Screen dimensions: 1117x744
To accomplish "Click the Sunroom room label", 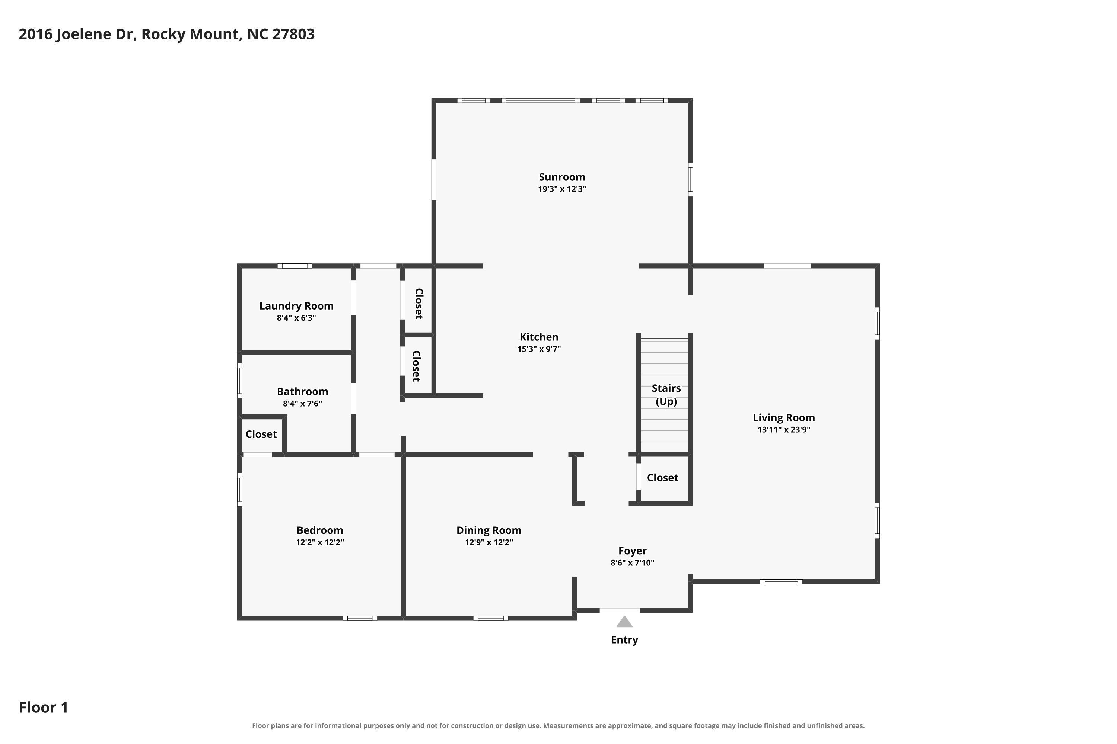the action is [x=562, y=177].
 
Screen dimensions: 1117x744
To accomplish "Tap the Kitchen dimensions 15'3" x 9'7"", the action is [x=539, y=349].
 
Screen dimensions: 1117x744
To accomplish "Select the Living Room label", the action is [x=784, y=417].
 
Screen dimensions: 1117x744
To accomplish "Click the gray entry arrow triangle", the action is [x=624, y=622].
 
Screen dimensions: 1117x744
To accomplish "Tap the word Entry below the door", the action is [x=624, y=639].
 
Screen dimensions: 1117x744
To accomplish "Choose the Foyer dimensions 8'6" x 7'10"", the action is [x=633, y=563].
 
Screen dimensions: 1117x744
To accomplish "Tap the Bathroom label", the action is [x=302, y=391].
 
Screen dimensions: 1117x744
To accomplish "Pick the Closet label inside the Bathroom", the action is [x=261, y=434].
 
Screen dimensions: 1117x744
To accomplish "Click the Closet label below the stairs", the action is [x=662, y=478].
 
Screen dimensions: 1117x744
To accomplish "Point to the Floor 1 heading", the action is [x=44, y=708].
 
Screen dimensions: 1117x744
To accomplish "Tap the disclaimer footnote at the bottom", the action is [x=558, y=725].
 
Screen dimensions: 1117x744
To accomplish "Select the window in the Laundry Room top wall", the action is [x=295, y=266].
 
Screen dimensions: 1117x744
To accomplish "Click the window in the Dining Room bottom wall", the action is [x=491, y=618].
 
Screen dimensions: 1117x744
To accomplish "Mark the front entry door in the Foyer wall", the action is [x=620, y=611].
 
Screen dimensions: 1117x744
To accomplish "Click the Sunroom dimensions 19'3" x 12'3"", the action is [x=562, y=189].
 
